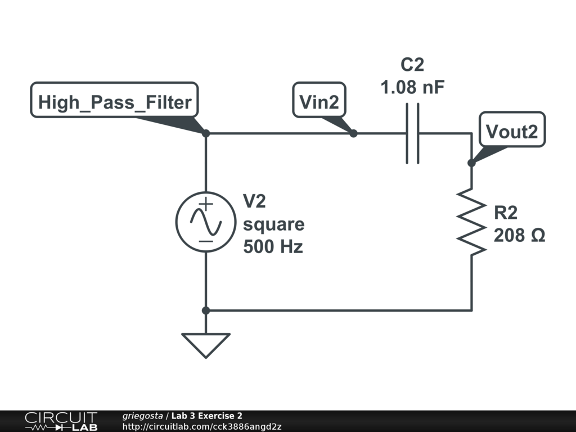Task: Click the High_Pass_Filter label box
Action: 114,100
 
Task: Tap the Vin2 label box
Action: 319,100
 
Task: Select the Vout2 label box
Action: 512,129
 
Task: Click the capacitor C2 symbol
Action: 412,133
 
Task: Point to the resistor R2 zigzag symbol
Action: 471,222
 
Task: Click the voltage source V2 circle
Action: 206,222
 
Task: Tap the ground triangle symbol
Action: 206,345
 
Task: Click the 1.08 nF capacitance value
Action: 412,87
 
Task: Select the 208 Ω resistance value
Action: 519,235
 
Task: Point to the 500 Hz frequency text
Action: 273,246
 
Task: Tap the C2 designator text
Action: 412,65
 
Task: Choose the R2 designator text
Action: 506,213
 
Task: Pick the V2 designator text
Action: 254,201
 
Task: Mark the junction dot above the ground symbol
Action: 206,310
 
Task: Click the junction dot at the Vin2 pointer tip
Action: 353,133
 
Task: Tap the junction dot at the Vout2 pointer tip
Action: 471,163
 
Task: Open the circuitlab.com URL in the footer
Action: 202,426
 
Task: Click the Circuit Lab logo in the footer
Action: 61,421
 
